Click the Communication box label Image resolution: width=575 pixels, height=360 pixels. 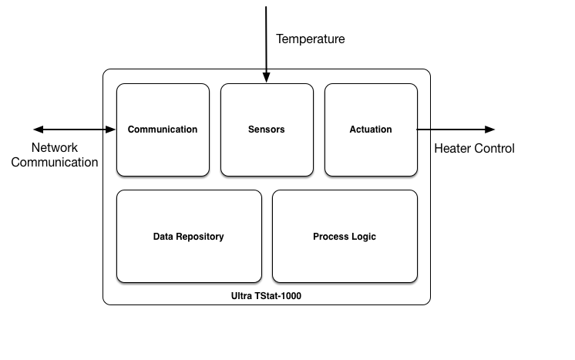163,130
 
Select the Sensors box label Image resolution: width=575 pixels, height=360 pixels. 267,130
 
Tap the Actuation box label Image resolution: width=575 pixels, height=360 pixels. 371,130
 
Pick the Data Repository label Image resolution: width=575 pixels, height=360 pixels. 189,237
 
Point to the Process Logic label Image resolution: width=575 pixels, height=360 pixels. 345,237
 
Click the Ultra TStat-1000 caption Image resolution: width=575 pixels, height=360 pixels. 266,296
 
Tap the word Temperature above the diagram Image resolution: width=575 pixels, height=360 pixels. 311,39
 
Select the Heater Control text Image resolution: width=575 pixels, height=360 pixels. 474,148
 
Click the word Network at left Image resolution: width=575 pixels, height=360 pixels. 55,147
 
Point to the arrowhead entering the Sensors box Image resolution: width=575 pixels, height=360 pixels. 267,78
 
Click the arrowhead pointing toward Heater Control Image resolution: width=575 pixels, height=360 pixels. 489,130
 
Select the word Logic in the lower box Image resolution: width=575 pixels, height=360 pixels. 364,237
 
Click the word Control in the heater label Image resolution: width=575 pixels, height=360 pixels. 494,148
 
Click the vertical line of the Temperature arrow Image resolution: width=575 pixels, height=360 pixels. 267,39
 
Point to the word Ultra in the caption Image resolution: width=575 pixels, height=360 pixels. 242,296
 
